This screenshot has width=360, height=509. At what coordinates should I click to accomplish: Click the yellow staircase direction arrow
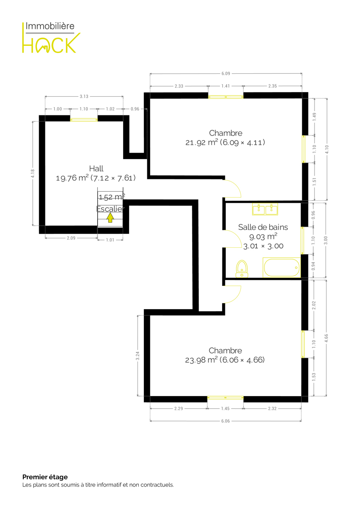click(x=110, y=218)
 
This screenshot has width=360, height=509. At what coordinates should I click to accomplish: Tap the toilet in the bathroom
click(x=242, y=269)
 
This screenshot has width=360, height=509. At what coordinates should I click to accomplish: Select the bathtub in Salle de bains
click(x=281, y=268)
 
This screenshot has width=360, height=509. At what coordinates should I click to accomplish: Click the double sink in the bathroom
click(x=265, y=209)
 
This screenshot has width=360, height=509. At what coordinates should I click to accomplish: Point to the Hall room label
click(x=96, y=169)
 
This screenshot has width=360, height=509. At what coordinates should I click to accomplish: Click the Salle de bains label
click(x=263, y=227)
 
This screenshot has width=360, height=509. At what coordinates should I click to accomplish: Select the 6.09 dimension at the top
click(x=226, y=73)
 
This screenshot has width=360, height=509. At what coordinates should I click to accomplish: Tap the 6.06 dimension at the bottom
click(x=225, y=421)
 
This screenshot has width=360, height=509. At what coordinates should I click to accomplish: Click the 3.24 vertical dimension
click(x=138, y=356)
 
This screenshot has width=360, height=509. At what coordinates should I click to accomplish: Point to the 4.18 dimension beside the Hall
click(x=33, y=174)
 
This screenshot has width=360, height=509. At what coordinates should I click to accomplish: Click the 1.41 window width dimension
click(x=225, y=86)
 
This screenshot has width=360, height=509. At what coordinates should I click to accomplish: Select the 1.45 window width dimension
click(x=225, y=408)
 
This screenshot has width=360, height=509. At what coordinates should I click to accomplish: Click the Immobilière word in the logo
click(x=50, y=26)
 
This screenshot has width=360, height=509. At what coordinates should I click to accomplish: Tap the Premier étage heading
click(x=45, y=477)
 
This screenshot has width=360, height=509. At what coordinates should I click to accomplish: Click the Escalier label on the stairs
click(x=110, y=209)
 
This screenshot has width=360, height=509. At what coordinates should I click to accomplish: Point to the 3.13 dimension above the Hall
click(x=84, y=96)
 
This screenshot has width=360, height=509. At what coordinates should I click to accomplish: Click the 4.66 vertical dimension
click(x=326, y=338)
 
